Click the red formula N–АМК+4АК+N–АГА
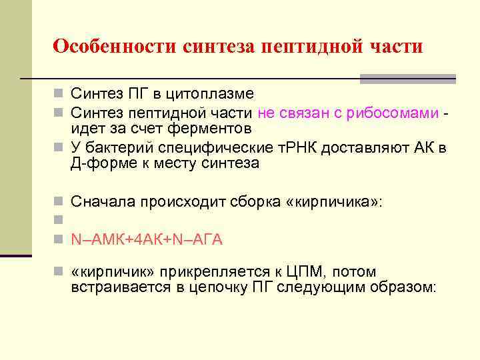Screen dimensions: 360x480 [x=147, y=239]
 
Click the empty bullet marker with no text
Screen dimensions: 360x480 [x=59, y=219]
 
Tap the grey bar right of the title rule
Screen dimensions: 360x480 [x=407, y=79]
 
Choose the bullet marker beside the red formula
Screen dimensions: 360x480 [x=59, y=239]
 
